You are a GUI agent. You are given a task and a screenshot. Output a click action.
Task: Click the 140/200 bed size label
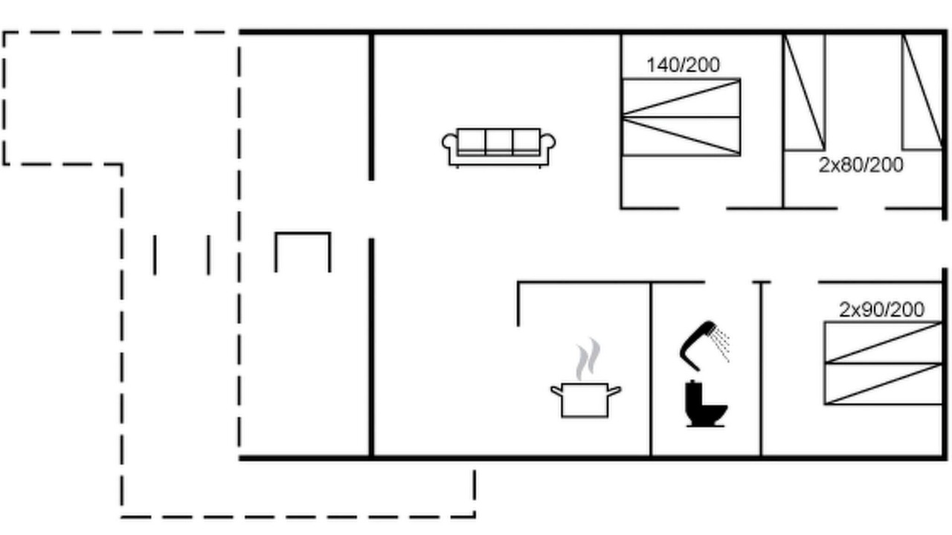click(x=683, y=65)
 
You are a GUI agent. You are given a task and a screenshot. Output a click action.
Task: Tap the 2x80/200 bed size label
click(x=861, y=165)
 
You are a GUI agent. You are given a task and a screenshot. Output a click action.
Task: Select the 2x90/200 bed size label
click(x=881, y=310)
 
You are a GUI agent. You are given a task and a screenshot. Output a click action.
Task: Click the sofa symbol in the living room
click(x=498, y=147)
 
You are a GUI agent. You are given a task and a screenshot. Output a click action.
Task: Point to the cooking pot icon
click(x=585, y=400)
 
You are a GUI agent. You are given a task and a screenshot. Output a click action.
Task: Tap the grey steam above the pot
click(x=588, y=359)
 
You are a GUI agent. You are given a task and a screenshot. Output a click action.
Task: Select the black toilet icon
click(x=706, y=403)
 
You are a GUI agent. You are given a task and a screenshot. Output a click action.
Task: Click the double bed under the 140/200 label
click(x=681, y=117)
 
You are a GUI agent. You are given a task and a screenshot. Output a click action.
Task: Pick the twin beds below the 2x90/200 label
click(x=883, y=363)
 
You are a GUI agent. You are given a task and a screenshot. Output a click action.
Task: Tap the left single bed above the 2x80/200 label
click(x=804, y=92)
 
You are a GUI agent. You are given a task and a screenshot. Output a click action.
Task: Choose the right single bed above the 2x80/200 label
click(x=922, y=92)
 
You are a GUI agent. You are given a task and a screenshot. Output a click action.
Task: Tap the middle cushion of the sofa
click(x=499, y=142)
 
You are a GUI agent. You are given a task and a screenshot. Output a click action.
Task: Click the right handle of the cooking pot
click(x=614, y=391)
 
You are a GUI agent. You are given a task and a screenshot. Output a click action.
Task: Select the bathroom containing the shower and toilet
click(x=706, y=369)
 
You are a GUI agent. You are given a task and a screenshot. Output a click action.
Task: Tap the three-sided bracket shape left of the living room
click(x=303, y=233)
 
